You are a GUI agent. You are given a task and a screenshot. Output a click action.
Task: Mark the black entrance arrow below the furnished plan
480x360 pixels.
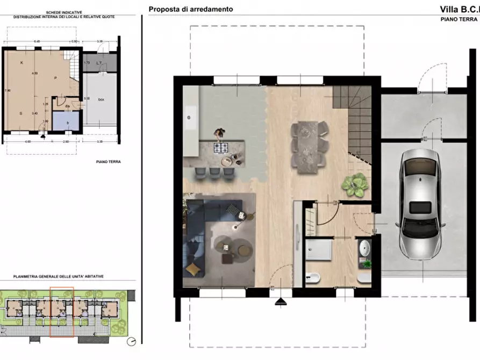pos(281,303)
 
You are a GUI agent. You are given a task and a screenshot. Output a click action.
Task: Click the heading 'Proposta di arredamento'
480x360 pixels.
pos(191,9)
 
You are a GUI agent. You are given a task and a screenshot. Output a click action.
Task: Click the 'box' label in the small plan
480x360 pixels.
pos(101,99)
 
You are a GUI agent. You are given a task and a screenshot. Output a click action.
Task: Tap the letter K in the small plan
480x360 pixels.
pos(22,63)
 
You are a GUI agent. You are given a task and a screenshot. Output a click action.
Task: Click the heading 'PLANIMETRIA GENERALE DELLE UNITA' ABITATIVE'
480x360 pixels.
pos(59,276)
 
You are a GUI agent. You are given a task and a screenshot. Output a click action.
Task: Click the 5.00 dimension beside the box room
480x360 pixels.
pos(87,98)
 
